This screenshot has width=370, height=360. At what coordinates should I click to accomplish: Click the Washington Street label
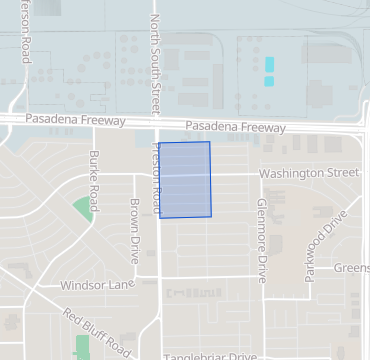point(308,173)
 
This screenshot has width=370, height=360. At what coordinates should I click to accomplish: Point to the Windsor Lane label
point(97,285)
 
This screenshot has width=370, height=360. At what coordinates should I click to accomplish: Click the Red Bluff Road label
point(96,333)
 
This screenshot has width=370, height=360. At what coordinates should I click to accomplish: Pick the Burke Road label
point(94,174)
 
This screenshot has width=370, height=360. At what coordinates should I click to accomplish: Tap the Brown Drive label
point(134,229)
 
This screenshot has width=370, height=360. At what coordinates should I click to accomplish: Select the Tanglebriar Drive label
point(210,355)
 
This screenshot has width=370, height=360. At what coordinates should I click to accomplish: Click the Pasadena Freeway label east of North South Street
point(236,127)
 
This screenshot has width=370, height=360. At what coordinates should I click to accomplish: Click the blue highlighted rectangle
point(185,179)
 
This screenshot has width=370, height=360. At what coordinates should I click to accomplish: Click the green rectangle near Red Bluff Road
point(81,347)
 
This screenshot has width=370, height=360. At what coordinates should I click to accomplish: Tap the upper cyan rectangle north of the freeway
point(269,64)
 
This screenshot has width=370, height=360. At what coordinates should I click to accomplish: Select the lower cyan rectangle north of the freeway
point(269,79)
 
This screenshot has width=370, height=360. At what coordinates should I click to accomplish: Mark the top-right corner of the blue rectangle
point(209,142)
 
